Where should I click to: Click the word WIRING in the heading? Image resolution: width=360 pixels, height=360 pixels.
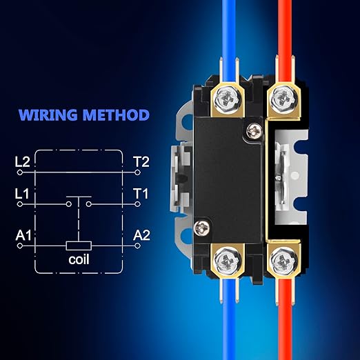[x=48, y=114]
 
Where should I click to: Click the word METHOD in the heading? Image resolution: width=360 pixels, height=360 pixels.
[x=116, y=114]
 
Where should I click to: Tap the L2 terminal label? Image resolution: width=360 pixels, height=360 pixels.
[x=22, y=162]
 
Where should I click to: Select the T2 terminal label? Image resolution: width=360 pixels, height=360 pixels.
[x=141, y=162]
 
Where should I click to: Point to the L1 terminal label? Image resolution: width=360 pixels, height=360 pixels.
[x=22, y=194]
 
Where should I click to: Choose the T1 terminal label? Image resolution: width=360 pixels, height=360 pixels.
[x=141, y=194]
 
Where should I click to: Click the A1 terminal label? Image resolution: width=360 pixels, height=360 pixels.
[x=23, y=235]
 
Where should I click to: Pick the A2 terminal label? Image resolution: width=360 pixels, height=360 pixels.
[x=141, y=235]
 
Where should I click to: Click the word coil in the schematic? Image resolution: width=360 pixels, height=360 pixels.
[x=79, y=259]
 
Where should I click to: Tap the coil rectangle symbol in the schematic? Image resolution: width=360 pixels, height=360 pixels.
[x=79, y=246]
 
